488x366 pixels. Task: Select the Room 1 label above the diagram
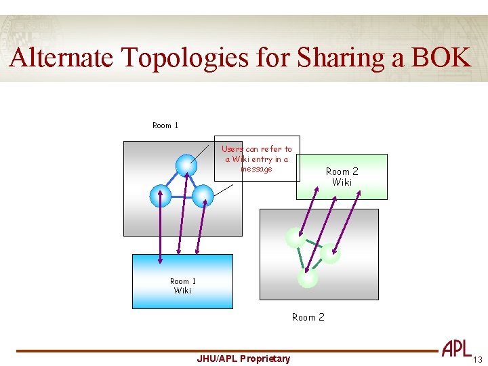[x=165, y=125]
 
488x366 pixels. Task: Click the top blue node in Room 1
[x=186, y=165]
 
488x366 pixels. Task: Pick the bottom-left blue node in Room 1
[x=161, y=196]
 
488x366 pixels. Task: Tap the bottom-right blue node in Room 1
[x=203, y=196]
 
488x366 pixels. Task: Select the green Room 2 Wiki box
[x=342, y=177]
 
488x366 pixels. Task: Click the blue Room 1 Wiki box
[x=182, y=281]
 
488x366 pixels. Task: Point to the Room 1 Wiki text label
[x=182, y=286]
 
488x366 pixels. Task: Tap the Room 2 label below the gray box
[x=308, y=317]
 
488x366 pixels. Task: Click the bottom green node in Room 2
[x=307, y=277]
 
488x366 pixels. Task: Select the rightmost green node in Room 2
[x=330, y=253]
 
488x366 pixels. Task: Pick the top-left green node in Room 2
[x=295, y=237]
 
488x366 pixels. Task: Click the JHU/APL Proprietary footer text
[x=243, y=359]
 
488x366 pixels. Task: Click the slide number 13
[x=478, y=359]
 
